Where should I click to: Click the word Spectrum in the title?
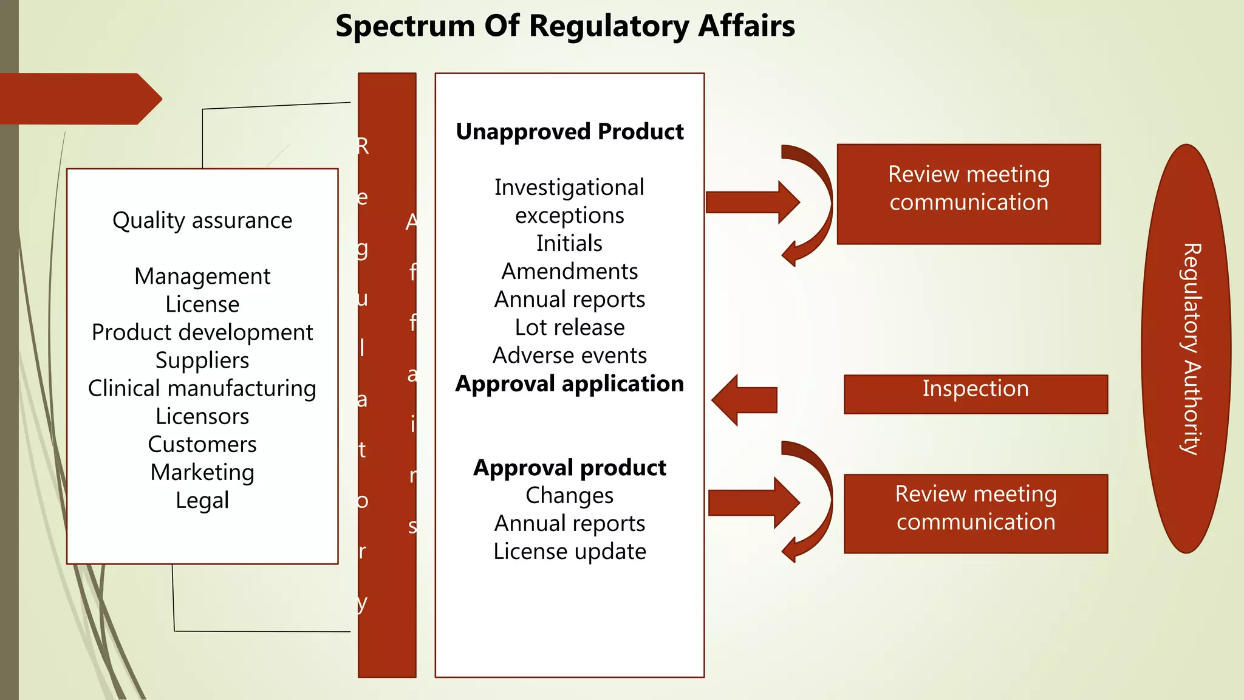click(x=405, y=27)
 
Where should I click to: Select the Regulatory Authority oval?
click(x=1186, y=348)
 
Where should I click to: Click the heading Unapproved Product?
click(x=569, y=131)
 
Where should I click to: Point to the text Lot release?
click(x=569, y=327)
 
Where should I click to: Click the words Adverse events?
click(x=569, y=355)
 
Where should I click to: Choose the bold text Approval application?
click(x=569, y=383)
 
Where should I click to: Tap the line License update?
click(x=569, y=551)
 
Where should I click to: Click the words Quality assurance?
click(x=202, y=220)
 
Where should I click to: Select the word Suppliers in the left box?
click(x=202, y=360)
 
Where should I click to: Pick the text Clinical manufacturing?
click(x=202, y=388)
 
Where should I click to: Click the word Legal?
click(x=202, y=500)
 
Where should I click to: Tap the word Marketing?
click(x=202, y=472)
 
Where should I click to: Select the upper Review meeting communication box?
click(x=968, y=194)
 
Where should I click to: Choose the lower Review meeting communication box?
click(x=976, y=513)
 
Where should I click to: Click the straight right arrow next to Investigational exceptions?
click(x=753, y=202)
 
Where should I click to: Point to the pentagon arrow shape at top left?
click(x=79, y=98)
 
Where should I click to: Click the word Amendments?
click(x=569, y=271)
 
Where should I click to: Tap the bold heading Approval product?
click(x=569, y=467)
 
